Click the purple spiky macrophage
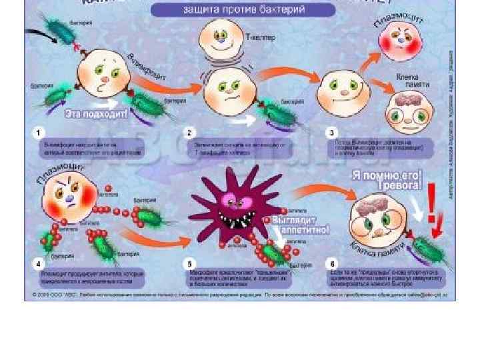pos(229,207)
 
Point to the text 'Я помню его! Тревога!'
pos(387,179)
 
